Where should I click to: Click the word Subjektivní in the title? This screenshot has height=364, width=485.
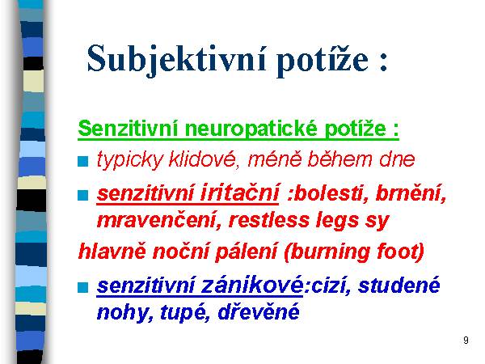coord(176,59)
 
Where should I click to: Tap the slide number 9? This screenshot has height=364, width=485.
coord(466,341)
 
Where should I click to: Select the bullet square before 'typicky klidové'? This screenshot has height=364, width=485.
coord(83,161)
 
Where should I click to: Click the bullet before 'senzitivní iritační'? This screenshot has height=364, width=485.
coord(83,195)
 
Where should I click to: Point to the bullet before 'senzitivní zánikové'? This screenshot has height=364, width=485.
coord(83,287)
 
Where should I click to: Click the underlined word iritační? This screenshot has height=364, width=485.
coord(240,193)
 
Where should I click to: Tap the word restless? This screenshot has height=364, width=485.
coord(269,220)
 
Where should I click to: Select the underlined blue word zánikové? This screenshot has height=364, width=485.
coord(252,285)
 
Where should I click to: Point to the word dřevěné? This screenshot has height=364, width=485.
coord(259,311)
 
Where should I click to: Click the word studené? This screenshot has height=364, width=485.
coord(399,285)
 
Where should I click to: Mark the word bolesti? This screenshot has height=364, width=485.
coord(330,193)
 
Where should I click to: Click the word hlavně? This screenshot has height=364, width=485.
coord(112,251)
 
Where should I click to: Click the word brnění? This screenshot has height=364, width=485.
coord(411,193)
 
